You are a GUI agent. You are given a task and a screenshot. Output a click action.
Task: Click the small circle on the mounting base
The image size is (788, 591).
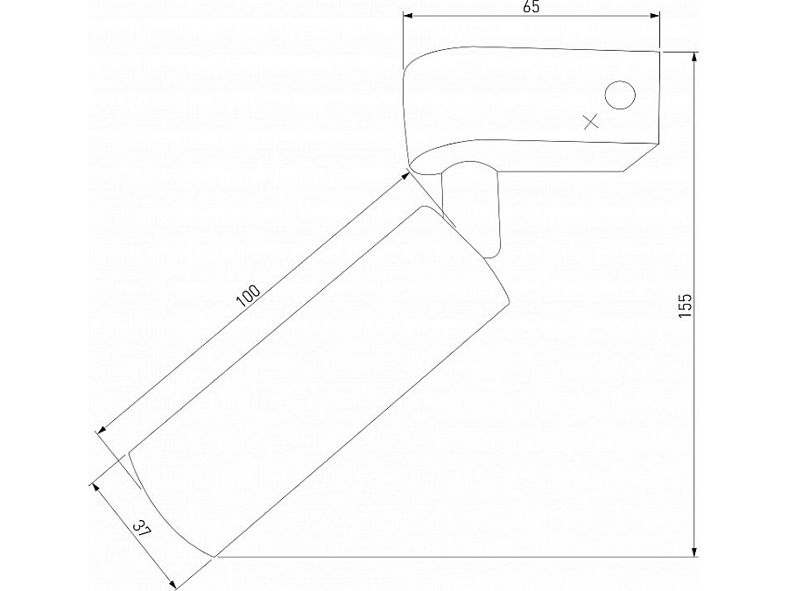point(621,95)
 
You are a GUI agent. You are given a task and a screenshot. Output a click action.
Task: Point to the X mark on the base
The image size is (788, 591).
point(590,122)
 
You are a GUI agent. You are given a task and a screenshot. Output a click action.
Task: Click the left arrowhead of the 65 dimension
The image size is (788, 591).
point(407,14)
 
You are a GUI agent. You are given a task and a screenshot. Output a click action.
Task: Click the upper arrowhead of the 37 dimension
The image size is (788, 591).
point(95,483)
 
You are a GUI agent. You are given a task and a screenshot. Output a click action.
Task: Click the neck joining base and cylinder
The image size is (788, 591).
point(473,210)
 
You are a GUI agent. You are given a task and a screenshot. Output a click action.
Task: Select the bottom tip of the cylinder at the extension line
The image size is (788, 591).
point(216,555)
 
